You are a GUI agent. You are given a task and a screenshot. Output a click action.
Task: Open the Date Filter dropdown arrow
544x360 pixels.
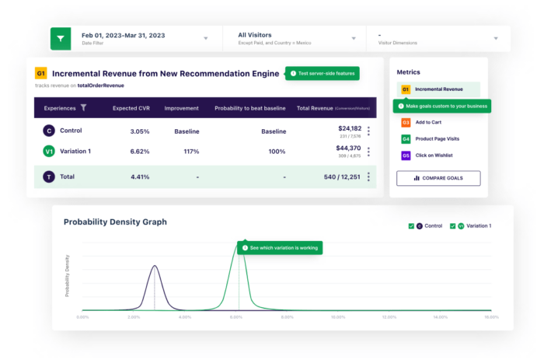click(x=205, y=38)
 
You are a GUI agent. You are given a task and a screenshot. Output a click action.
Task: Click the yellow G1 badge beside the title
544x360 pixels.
click(x=41, y=74)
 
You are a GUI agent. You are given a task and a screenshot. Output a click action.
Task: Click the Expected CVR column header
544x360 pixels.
click(x=131, y=108)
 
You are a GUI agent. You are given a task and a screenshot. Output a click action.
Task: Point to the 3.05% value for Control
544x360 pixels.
click(x=140, y=131)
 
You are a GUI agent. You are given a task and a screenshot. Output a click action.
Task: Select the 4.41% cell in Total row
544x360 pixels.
click(x=140, y=177)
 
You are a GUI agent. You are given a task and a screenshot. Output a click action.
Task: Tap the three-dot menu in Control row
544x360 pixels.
click(x=368, y=131)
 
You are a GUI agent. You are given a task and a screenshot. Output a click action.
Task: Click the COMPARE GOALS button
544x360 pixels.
click(x=438, y=178)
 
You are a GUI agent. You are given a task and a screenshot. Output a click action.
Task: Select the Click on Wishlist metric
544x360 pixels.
click(x=434, y=156)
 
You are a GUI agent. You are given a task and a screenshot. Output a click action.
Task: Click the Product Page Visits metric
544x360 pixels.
click(x=438, y=139)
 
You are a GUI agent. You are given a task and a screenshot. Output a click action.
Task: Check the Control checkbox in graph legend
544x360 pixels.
click(x=411, y=225)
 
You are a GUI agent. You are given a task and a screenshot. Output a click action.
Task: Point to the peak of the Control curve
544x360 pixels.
click(x=155, y=267)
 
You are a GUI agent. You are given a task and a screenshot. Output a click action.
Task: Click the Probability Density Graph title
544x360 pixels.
click(x=115, y=222)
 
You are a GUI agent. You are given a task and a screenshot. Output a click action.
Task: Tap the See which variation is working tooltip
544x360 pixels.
click(x=280, y=248)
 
